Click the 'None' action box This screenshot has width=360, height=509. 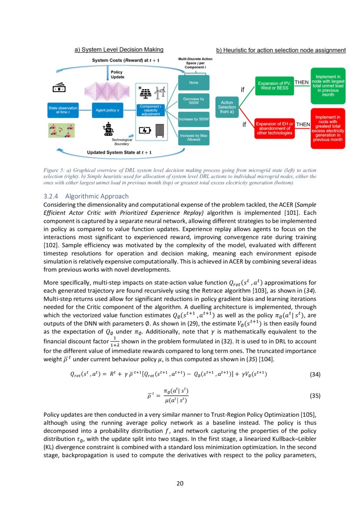tap(194, 82)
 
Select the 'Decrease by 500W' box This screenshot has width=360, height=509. tap(194, 101)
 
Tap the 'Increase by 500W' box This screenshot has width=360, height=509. tap(194, 119)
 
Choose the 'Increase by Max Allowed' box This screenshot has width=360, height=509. tap(194, 138)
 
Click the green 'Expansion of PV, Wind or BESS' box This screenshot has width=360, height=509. tap(274, 85)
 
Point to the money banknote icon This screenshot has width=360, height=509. tap(59, 88)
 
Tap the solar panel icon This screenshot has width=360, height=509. tap(145, 93)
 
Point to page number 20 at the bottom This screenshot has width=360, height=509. tap(180, 483)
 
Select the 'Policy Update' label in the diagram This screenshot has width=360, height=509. tap(117, 74)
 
